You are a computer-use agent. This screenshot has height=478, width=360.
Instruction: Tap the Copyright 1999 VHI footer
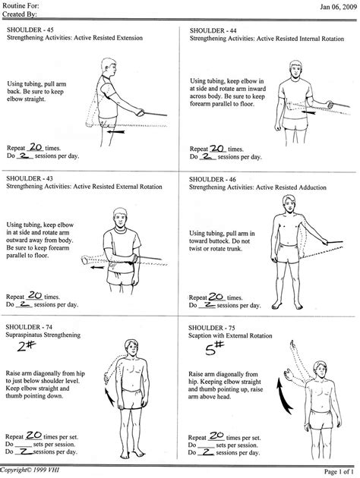coord(31,472)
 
